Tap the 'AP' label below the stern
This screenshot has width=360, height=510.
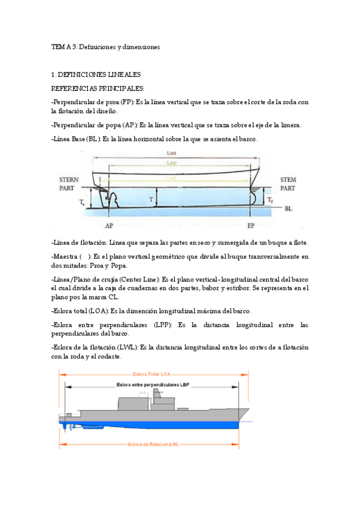pos(109,226)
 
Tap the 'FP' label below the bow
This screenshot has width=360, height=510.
pos(251,226)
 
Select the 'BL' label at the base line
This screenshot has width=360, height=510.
pos(289,209)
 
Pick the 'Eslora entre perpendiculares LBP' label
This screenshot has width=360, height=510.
pos(153,384)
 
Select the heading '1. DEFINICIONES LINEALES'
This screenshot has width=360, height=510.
pos(96,75)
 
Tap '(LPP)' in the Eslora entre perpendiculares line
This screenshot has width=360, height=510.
pos(158,325)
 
